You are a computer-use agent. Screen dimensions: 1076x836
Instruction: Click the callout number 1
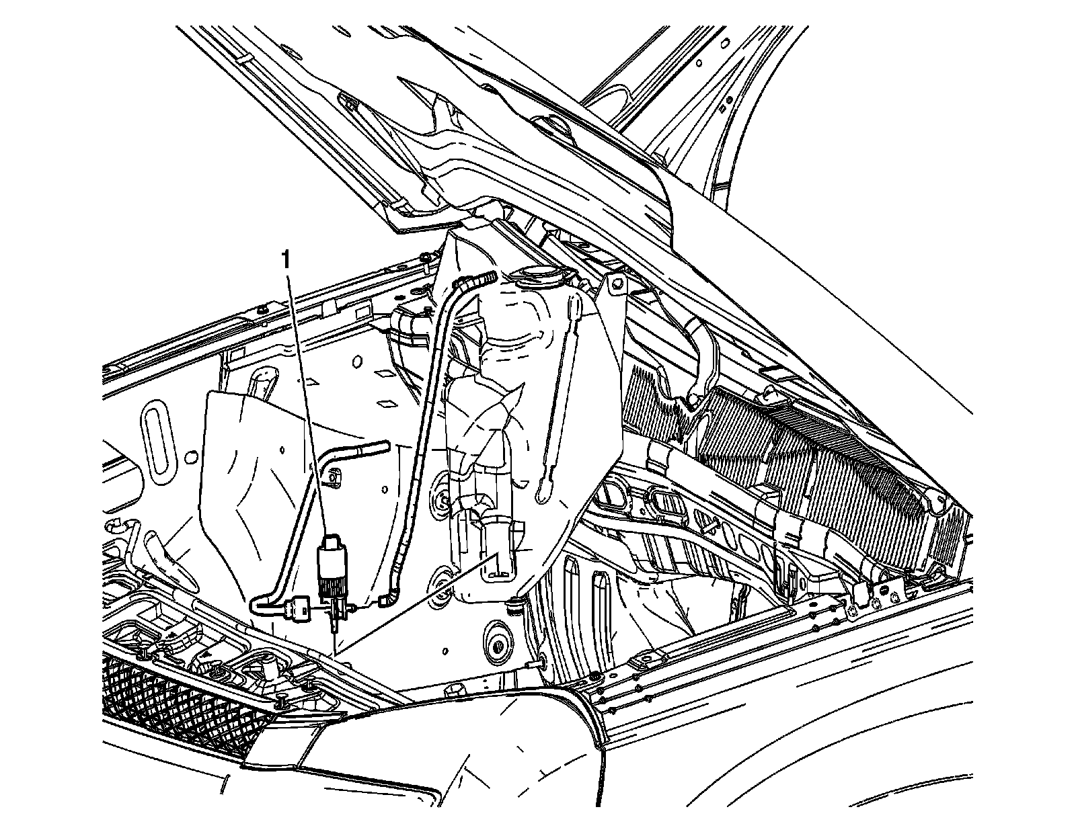click(x=287, y=259)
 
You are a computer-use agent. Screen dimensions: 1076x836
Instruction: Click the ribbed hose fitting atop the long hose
click(x=486, y=277)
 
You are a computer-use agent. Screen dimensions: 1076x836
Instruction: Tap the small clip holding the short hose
click(x=331, y=477)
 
